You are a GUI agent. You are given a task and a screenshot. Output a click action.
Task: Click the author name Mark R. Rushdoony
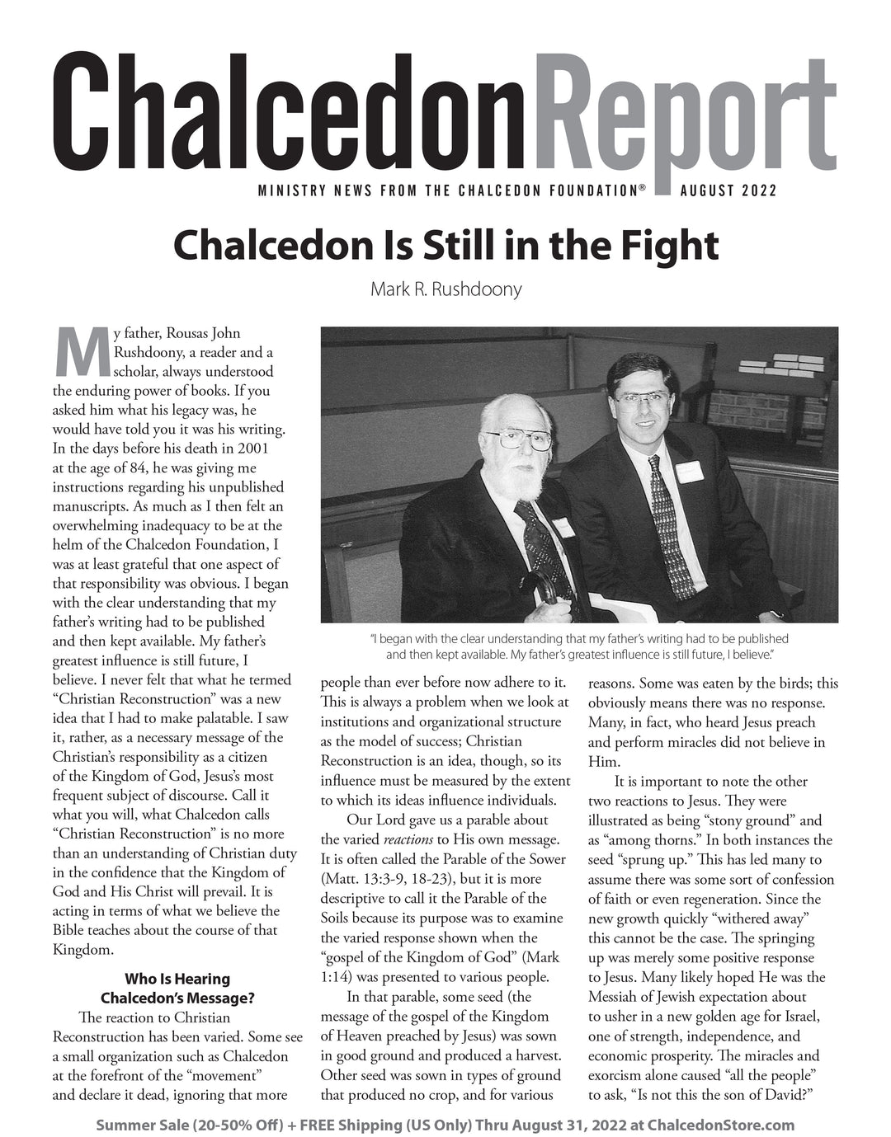click(445, 289)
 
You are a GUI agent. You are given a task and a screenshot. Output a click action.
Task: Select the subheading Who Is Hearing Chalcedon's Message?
click(177, 989)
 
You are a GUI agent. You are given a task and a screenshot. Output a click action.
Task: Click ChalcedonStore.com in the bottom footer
click(721, 1125)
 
